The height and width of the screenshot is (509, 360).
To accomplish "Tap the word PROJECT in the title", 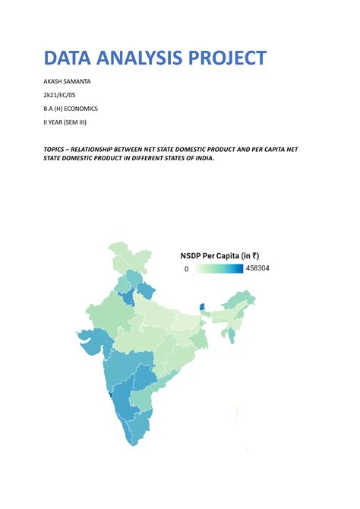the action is (231, 58).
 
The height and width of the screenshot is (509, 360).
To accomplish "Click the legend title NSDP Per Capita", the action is (215, 256).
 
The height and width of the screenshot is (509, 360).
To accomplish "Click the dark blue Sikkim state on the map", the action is (202, 308).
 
